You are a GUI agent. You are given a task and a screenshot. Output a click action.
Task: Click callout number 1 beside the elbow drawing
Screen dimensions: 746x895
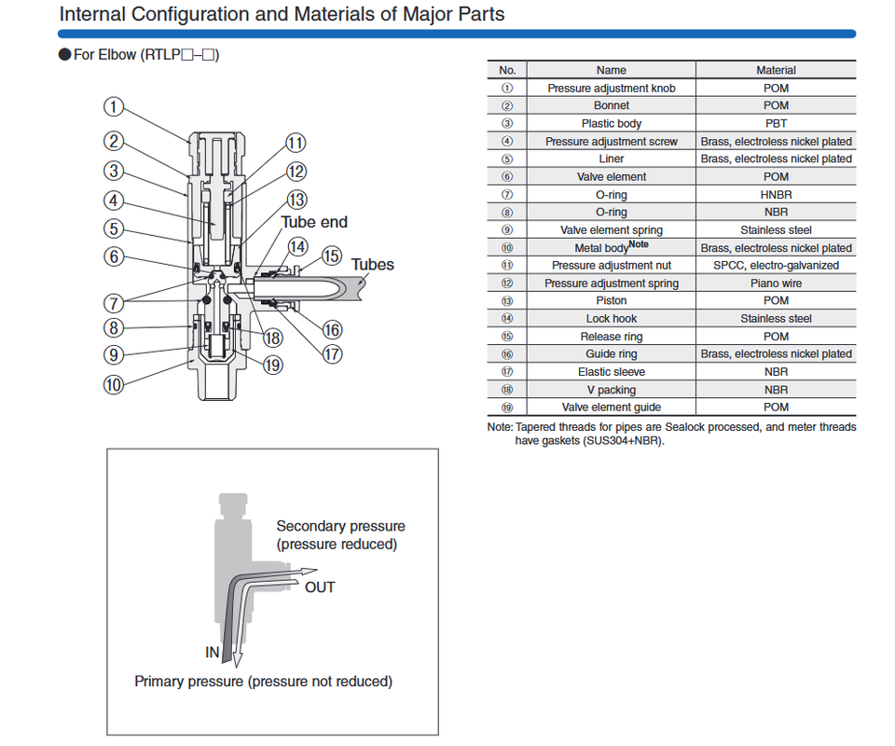pyautogui.click(x=114, y=106)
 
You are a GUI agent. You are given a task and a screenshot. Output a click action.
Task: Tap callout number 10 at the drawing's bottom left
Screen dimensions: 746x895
pyautogui.click(x=114, y=383)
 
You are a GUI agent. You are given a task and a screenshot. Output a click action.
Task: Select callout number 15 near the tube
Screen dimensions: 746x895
pyautogui.click(x=332, y=256)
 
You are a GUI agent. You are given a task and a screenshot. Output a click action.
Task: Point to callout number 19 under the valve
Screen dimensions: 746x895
pyautogui.click(x=272, y=365)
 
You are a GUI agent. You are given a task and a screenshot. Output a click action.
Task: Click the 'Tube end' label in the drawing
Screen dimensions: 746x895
pyautogui.click(x=314, y=222)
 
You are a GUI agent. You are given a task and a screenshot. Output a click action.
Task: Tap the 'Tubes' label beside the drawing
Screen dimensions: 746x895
pyautogui.click(x=372, y=265)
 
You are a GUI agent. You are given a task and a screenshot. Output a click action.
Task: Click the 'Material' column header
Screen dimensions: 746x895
pyautogui.click(x=776, y=70)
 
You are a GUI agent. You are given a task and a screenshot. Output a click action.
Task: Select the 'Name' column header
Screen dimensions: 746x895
pyautogui.click(x=612, y=70)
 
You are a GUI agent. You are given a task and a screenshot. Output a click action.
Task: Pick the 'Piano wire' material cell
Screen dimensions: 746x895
pyautogui.click(x=776, y=283)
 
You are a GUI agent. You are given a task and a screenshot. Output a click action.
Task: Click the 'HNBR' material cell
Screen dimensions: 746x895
pyautogui.click(x=776, y=195)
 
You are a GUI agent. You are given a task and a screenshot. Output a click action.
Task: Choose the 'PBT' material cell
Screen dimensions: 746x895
pyautogui.click(x=776, y=123)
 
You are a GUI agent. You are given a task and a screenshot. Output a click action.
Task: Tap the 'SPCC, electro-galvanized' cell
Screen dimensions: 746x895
pyautogui.click(x=776, y=266)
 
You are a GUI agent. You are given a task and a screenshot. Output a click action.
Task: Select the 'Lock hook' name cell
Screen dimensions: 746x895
pyautogui.click(x=612, y=319)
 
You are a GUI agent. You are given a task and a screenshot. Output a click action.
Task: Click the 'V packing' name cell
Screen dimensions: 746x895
pyautogui.click(x=612, y=390)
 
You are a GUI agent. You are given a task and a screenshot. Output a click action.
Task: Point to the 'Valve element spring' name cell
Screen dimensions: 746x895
pyautogui.click(x=612, y=230)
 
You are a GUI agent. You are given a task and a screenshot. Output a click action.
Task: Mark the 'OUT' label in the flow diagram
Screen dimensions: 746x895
pyautogui.click(x=320, y=587)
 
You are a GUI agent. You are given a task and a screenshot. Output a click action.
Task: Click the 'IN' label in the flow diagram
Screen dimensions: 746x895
pyautogui.click(x=213, y=652)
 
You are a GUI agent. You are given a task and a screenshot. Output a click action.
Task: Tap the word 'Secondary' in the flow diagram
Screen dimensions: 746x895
pyautogui.click(x=309, y=526)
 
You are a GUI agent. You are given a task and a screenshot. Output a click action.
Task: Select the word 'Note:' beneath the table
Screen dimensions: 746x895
pyautogui.click(x=500, y=427)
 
